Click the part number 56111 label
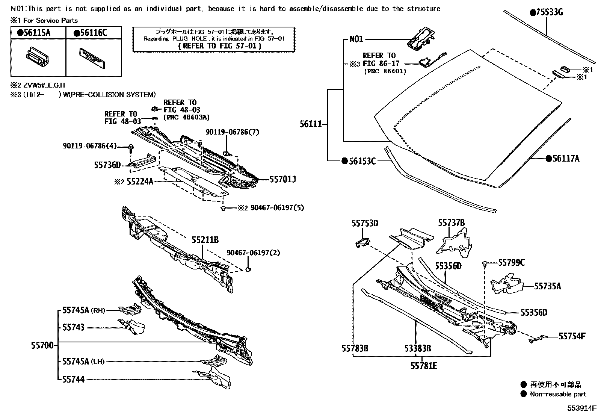click(311, 124)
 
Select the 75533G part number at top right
click(547, 13)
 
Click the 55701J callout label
click(282, 180)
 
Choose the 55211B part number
click(205, 240)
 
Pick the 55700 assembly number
click(42, 345)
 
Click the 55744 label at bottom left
click(73, 380)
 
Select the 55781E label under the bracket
click(424, 365)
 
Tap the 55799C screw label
click(511, 262)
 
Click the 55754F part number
click(572, 336)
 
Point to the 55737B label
click(451, 223)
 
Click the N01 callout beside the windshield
click(356, 39)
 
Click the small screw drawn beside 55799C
click(485, 264)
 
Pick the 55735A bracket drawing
click(507, 285)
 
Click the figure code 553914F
click(581, 408)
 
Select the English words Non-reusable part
click(558, 394)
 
